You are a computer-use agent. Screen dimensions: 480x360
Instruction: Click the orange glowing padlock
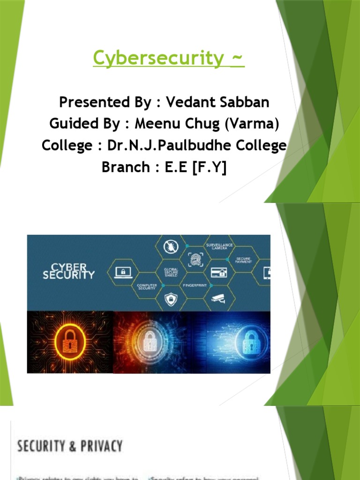point(70,341)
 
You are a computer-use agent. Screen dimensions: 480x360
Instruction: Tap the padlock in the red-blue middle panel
point(150,341)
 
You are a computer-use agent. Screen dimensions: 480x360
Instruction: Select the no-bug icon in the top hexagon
point(169,246)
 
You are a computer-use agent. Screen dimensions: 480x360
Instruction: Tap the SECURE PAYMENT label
point(243,260)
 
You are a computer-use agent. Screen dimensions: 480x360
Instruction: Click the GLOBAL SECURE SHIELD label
point(170,272)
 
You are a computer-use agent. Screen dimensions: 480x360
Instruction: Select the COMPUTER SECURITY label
point(147,286)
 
